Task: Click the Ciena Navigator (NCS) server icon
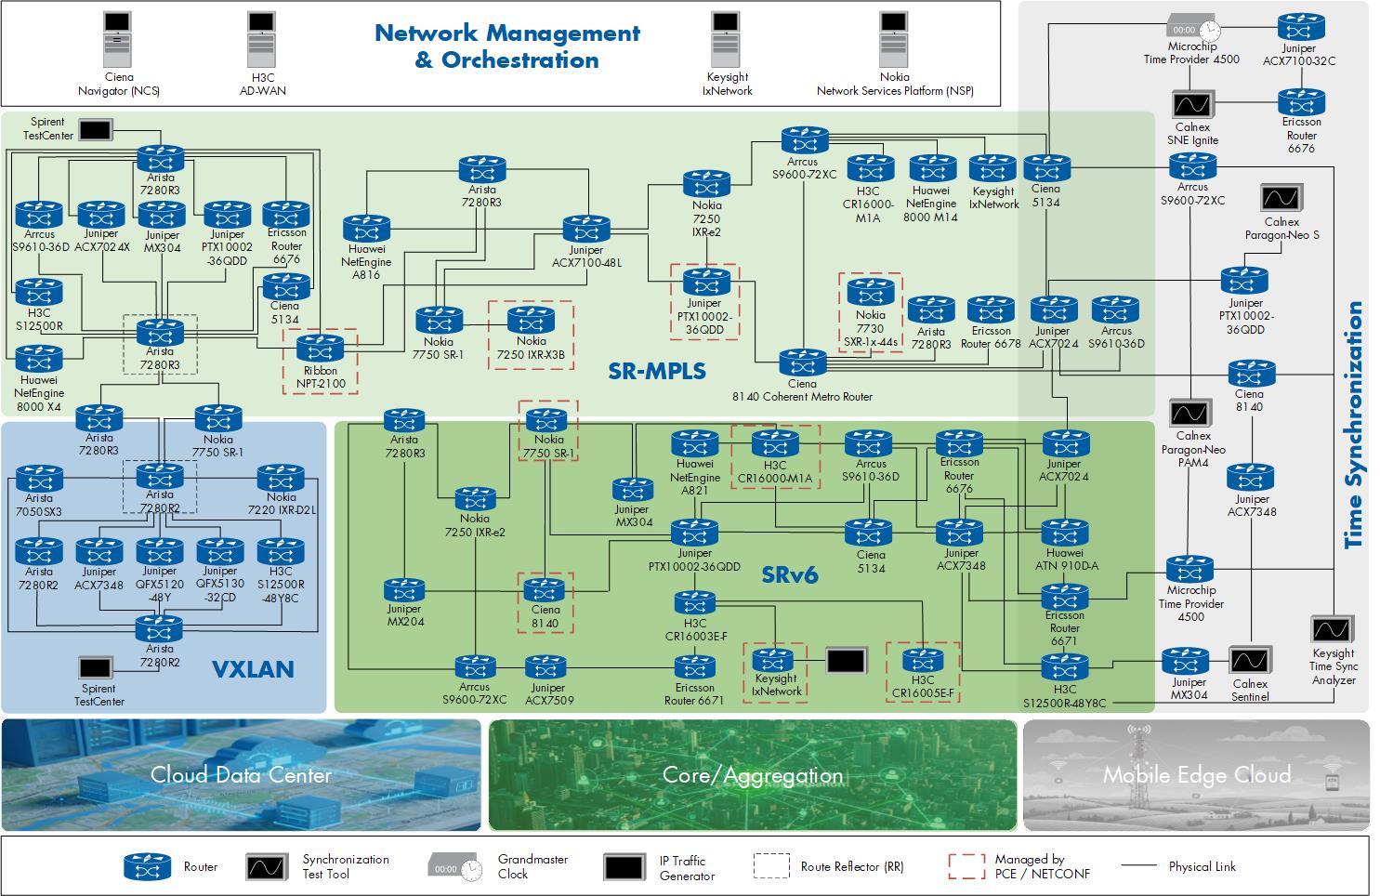117,39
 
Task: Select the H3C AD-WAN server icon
261,39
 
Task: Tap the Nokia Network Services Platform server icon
893,39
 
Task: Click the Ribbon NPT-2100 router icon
321,349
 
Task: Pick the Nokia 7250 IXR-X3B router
531,319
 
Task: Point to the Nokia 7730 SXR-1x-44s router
871,292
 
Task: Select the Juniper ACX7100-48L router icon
586,229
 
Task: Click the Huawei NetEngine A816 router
366,229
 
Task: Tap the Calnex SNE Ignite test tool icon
1193,105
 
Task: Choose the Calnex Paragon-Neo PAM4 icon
1190,413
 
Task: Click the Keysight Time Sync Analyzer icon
1332,629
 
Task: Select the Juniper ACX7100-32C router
1301,27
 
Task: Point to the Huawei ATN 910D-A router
1065,533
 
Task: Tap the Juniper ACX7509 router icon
545,667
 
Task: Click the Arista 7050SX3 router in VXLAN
39,479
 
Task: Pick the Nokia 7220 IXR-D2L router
281,478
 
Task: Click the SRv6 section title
789,574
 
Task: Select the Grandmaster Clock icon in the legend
455,868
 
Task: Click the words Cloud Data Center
241,774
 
